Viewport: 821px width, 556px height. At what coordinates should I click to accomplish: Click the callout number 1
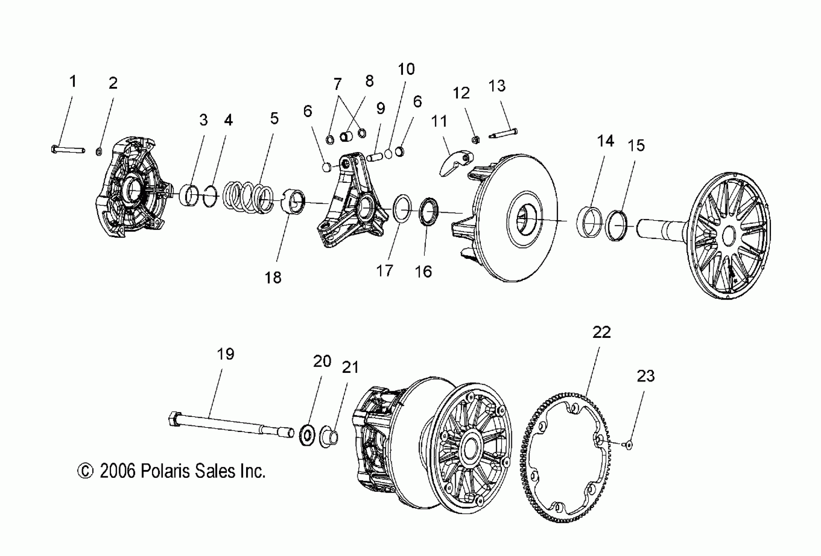click(73, 82)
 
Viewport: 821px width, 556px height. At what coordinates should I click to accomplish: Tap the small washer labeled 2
click(99, 152)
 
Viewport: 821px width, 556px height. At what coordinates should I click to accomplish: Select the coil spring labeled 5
click(249, 198)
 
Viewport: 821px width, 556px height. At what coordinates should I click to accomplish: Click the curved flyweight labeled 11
click(456, 163)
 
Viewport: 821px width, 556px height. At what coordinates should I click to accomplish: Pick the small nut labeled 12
click(476, 140)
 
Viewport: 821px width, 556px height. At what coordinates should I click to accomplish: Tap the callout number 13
click(497, 86)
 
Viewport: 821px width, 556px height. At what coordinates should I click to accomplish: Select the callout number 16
click(423, 272)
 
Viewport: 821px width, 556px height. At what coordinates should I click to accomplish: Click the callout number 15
click(636, 146)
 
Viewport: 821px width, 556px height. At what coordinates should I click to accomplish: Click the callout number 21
click(350, 368)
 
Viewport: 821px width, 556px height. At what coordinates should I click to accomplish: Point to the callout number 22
click(602, 333)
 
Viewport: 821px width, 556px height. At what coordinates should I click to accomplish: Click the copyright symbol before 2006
click(85, 472)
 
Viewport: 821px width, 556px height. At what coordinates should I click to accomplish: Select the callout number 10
click(406, 69)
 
